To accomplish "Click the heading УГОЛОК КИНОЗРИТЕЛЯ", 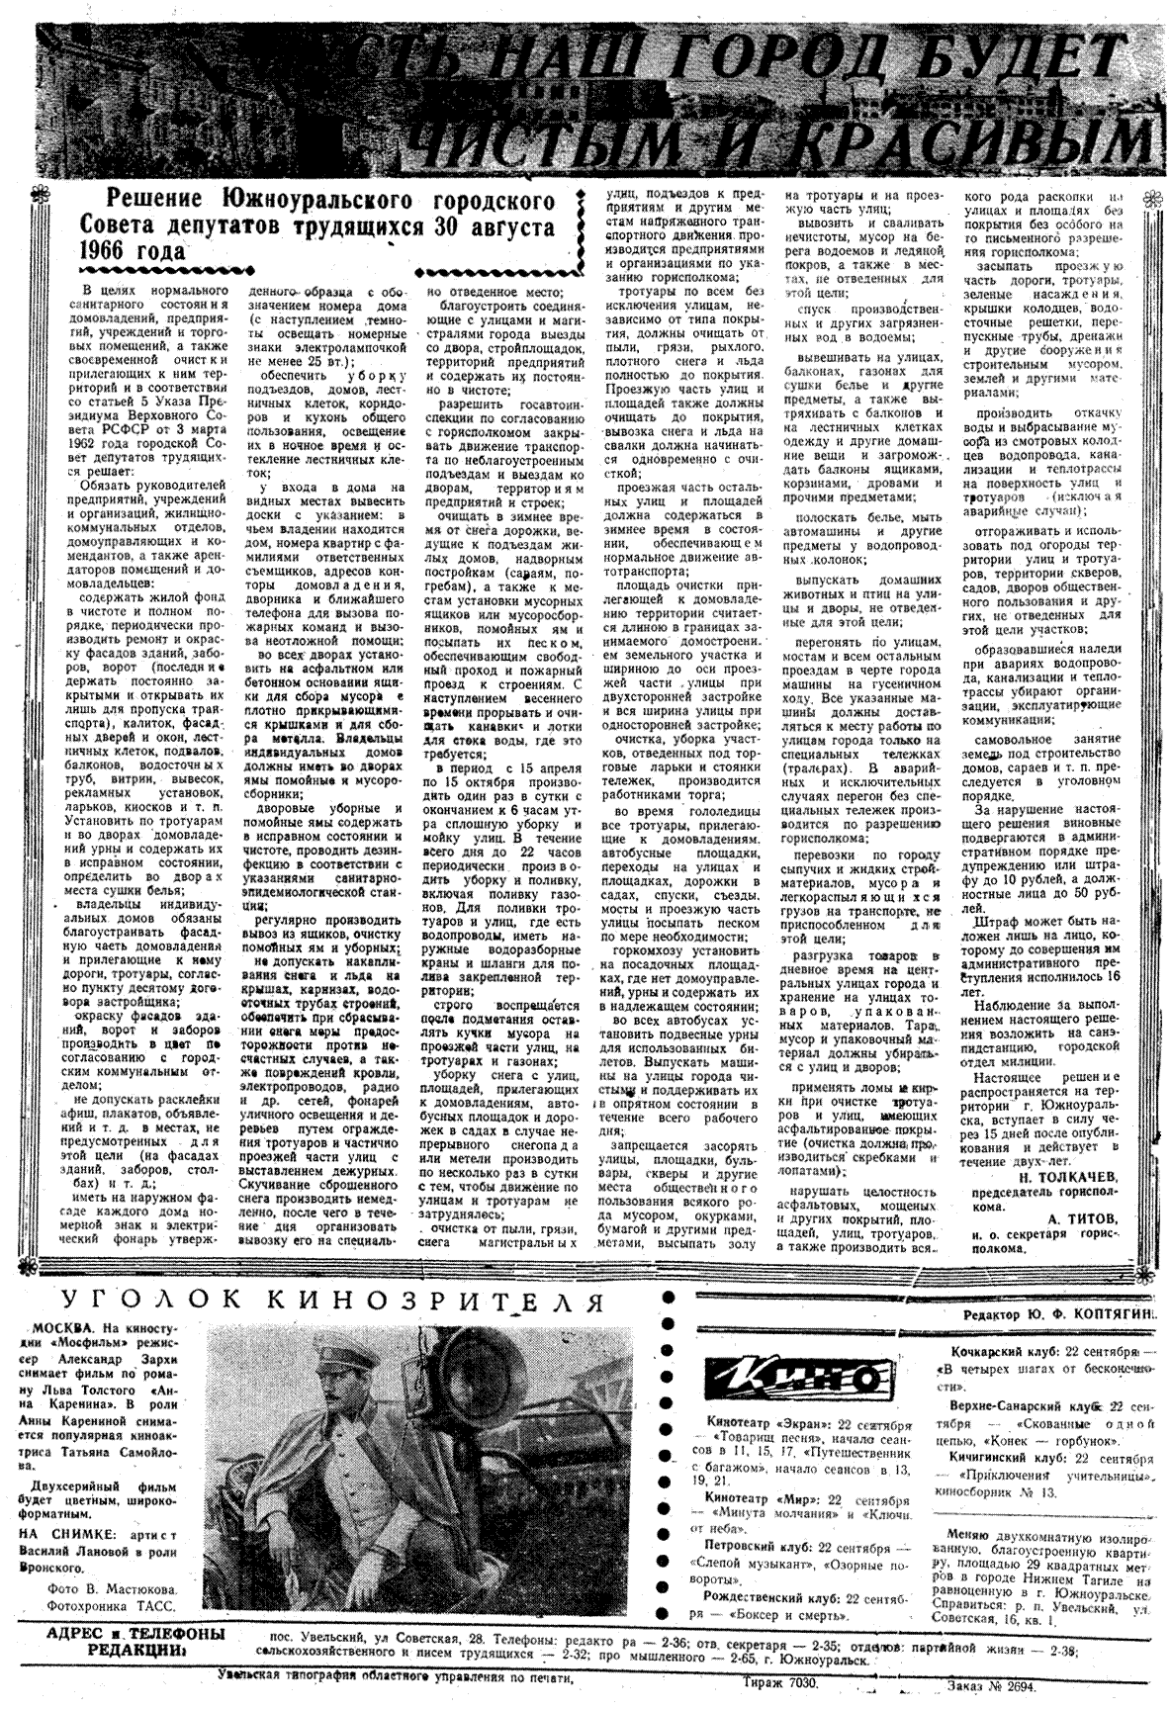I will point(332,1299).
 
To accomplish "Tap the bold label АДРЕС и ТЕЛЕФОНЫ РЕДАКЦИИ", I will point(136,1640).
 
